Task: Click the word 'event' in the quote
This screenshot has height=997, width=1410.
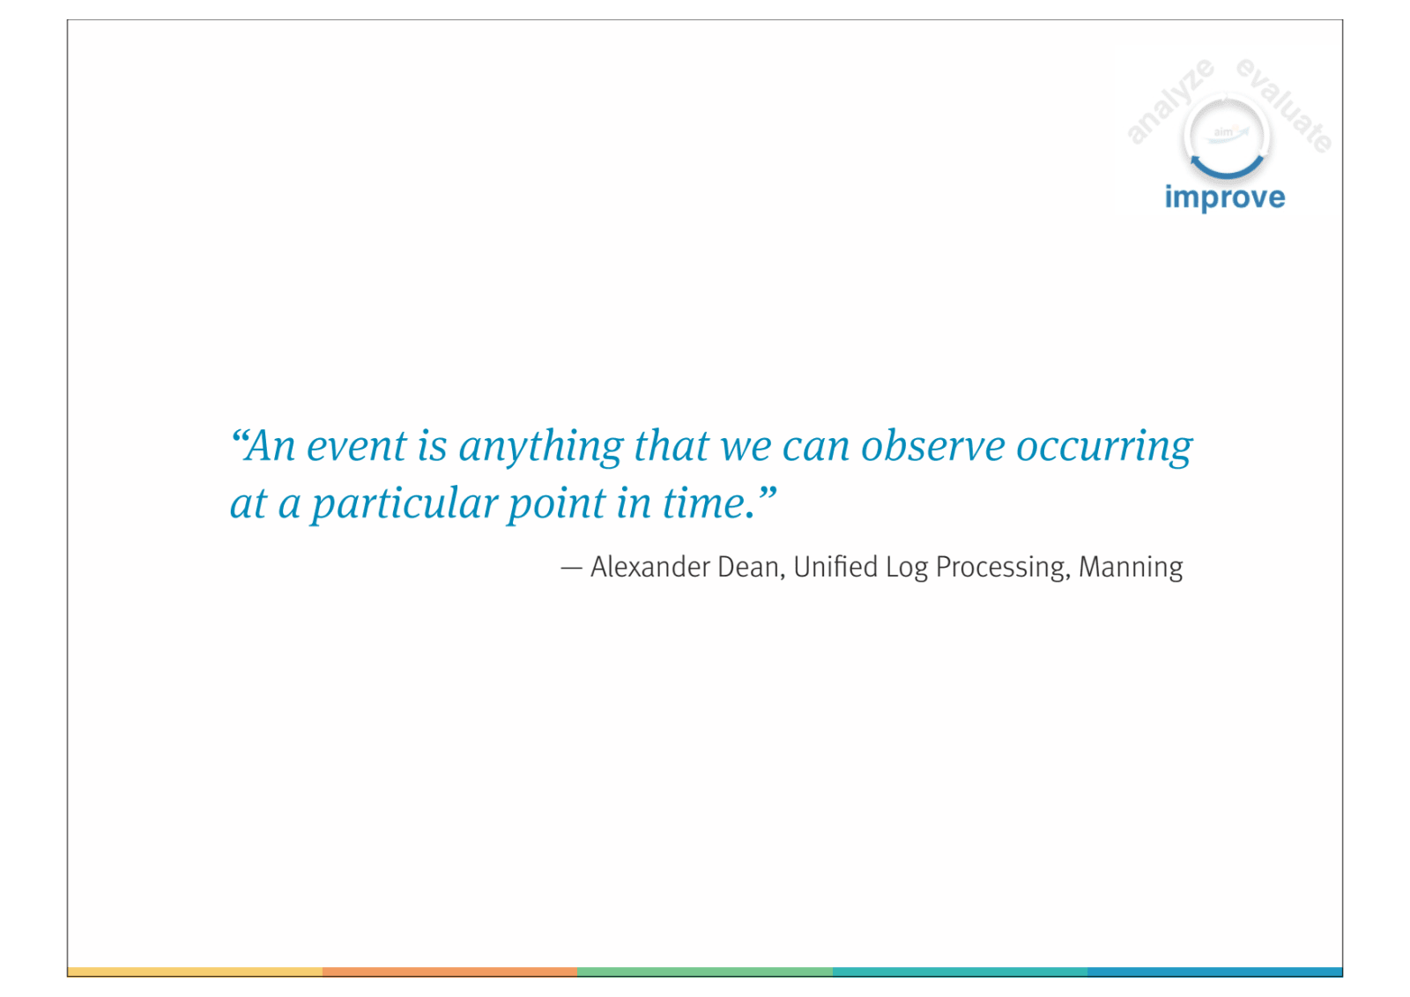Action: click(356, 446)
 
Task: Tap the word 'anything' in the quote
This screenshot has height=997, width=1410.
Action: click(541, 447)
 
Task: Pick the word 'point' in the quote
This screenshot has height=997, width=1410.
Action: click(556, 504)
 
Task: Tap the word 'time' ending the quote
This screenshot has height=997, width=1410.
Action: click(703, 503)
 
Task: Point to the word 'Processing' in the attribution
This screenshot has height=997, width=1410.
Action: click(1003, 568)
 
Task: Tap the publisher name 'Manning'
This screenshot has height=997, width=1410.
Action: click(1131, 568)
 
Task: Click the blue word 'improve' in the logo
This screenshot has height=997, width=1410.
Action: click(1224, 197)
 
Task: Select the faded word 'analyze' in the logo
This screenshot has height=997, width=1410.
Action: click(1170, 100)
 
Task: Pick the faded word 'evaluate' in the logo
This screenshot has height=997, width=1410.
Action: click(1284, 105)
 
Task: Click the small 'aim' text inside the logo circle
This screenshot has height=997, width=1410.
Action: click(1223, 132)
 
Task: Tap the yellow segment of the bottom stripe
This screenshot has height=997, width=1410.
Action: click(195, 971)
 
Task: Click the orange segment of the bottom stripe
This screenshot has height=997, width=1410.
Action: click(449, 971)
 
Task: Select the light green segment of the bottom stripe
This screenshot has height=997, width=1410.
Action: click(705, 971)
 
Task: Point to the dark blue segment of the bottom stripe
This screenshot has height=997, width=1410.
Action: click(1215, 971)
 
